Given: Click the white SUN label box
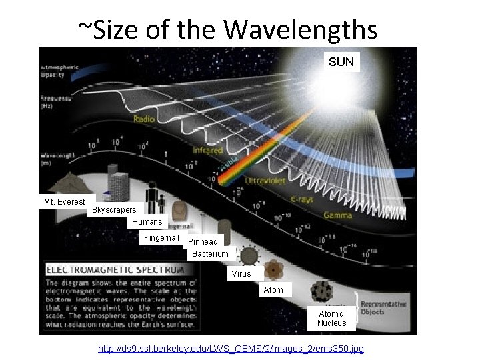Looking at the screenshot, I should click(x=341, y=62).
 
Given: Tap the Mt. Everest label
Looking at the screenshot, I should click(x=65, y=201).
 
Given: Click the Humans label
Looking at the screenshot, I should click(x=147, y=222).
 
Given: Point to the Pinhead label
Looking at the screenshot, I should click(x=203, y=242).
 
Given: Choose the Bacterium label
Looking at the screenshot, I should click(x=210, y=254).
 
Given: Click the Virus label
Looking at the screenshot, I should click(x=241, y=274).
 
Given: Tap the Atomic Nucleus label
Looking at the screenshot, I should click(x=331, y=318).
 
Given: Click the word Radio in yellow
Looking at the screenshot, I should click(x=144, y=119).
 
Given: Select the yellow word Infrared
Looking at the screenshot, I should click(x=207, y=151).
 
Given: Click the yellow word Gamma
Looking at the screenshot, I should click(x=339, y=215).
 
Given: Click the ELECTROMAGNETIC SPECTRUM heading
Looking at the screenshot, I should click(x=115, y=270).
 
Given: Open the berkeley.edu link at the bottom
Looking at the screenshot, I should click(x=231, y=349).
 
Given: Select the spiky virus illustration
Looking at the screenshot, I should click(x=249, y=255).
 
